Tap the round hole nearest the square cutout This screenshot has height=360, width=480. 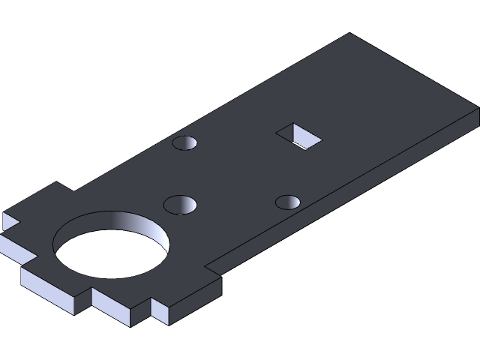coord(288,202)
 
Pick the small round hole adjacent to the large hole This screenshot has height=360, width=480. coord(181,204)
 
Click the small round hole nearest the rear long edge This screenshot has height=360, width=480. coord(185,142)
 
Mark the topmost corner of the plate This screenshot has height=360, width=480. coord(349,34)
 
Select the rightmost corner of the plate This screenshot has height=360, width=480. coord(478,109)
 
